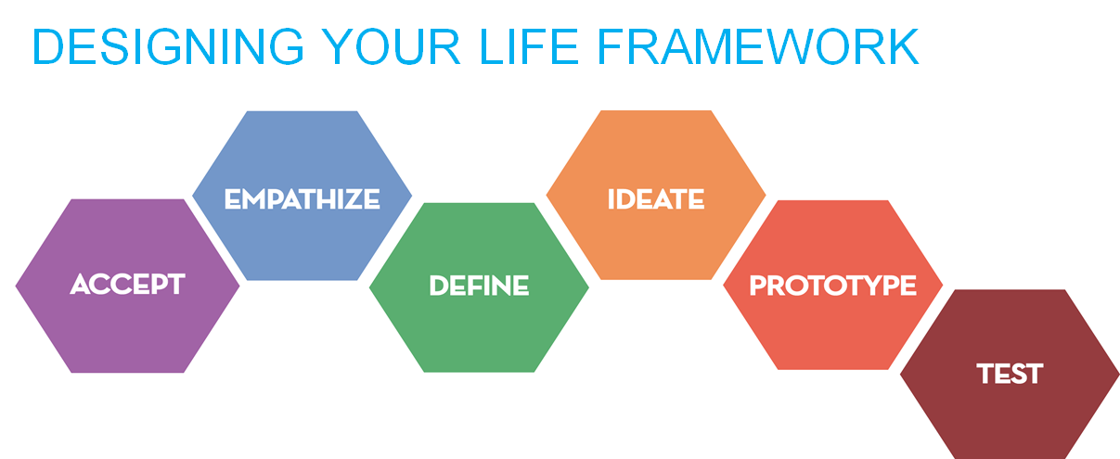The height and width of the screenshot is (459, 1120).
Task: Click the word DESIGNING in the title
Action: [168, 46]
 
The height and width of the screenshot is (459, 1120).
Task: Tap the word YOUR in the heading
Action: [391, 46]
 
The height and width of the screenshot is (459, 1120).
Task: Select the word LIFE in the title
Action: [529, 46]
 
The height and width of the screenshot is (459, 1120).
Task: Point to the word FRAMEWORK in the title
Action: [758, 46]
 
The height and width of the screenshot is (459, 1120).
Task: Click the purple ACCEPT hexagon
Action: [127, 286]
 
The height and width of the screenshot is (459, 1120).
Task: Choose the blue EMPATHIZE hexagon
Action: [302, 196]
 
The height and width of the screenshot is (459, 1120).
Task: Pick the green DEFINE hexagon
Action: [479, 287]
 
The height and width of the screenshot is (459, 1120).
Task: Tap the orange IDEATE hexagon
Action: [656, 195]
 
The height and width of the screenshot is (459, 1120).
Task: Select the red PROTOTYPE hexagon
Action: [833, 286]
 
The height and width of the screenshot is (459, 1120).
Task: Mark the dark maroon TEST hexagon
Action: [1010, 374]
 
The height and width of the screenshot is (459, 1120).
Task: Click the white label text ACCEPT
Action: [127, 284]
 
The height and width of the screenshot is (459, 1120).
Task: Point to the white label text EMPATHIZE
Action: [302, 198]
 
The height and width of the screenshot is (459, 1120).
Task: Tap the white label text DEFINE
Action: [479, 286]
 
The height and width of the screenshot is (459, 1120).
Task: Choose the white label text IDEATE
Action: [656, 198]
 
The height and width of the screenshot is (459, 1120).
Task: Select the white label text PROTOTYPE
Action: [833, 286]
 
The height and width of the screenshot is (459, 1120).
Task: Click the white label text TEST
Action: [1010, 374]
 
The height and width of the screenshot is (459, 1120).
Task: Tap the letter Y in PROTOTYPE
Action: [867, 286]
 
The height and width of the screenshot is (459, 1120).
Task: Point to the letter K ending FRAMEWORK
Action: [903, 46]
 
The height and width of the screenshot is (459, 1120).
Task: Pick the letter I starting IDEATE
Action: [611, 198]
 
